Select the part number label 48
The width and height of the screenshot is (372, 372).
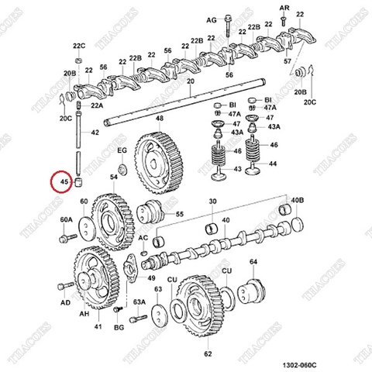159,119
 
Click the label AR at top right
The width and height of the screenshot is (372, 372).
284,7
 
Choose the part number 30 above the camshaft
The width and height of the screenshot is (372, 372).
212,201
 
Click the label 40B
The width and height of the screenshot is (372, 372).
297,201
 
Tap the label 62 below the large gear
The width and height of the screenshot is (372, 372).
208,354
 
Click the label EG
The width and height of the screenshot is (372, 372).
121,150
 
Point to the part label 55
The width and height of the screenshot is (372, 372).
179,214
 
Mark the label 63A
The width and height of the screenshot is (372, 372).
139,301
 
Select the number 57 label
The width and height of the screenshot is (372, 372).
288,60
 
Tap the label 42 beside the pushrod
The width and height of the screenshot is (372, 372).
95,133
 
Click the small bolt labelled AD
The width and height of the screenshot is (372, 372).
65,303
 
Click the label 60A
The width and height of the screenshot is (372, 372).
65,220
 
